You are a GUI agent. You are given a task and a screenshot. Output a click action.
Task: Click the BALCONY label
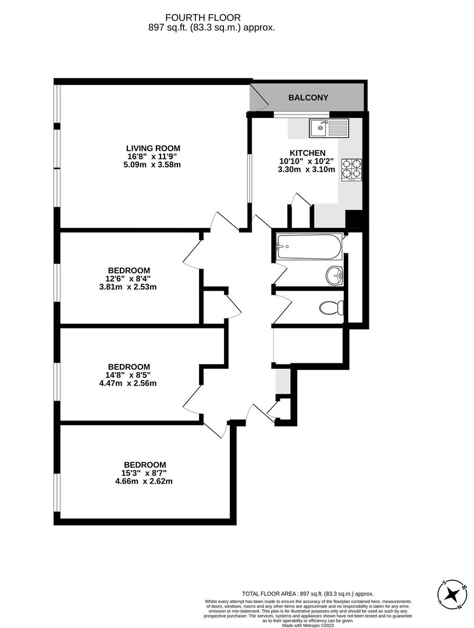click(308, 98)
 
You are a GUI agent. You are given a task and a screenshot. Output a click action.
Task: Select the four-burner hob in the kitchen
click(351, 170)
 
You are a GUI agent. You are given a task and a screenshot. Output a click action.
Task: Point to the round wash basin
click(334, 275)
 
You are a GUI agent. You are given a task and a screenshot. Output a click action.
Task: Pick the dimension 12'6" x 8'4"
click(129, 279)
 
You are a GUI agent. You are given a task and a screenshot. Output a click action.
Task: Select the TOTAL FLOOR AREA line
click(308, 594)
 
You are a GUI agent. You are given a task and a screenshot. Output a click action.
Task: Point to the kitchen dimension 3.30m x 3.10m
click(307, 170)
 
